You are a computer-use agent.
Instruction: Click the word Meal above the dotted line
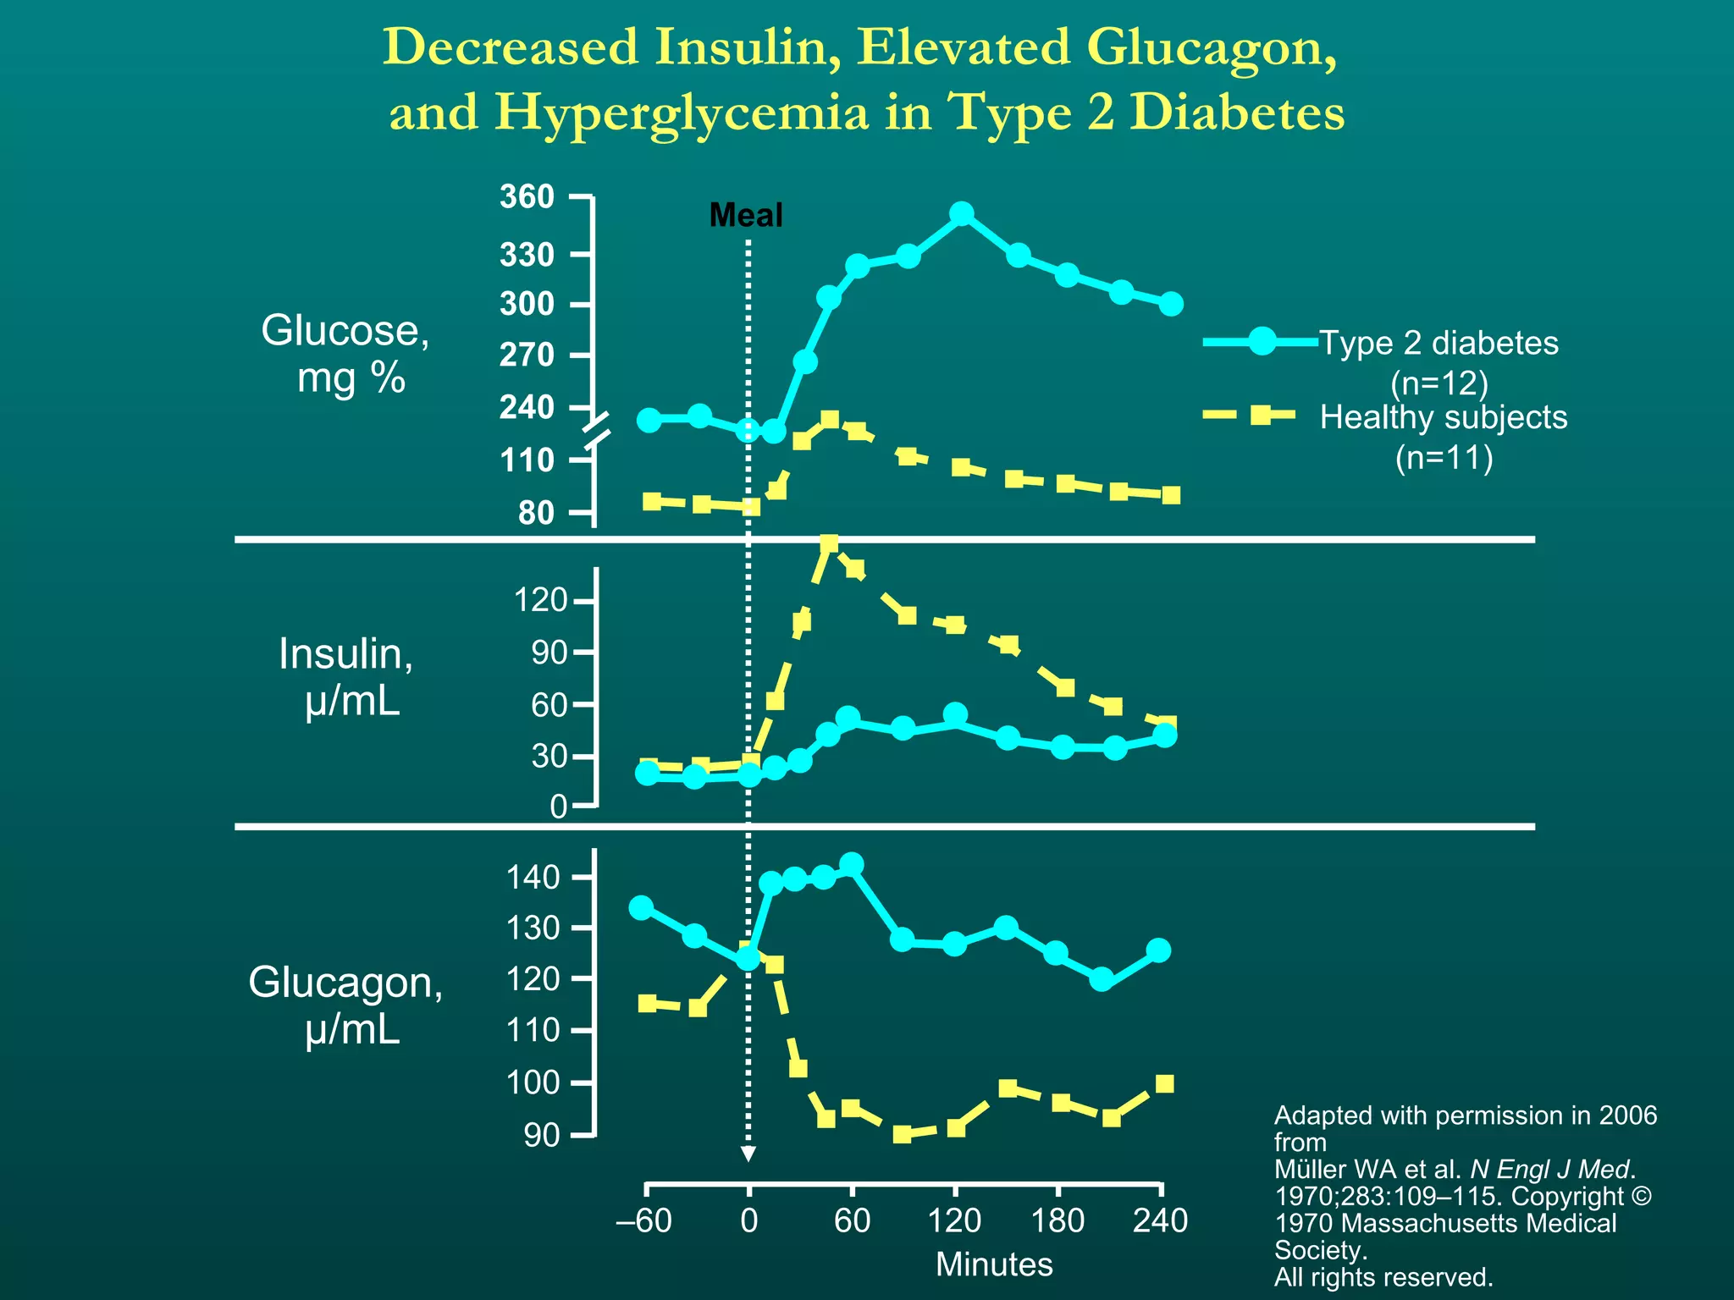point(745,215)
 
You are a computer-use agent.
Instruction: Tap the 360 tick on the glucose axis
point(527,197)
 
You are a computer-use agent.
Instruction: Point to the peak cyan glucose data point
point(961,213)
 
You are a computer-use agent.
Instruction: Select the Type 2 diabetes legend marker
point(1262,341)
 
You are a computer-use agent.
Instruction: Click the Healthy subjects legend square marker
point(1262,415)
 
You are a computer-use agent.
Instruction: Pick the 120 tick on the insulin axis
point(541,601)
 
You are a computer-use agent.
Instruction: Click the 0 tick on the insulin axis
point(559,807)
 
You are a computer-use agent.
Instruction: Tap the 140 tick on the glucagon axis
point(533,877)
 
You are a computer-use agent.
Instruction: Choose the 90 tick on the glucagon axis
point(542,1135)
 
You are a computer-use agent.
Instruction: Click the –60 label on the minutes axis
point(644,1220)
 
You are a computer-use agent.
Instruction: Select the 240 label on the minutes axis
point(1160,1220)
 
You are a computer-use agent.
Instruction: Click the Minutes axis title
point(994,1264)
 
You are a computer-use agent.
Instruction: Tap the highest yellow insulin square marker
point(829,543)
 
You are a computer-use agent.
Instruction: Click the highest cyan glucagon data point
point(851,864)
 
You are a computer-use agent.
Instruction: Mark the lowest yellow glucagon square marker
point(903,1134)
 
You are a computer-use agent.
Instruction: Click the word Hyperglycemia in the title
point(681,113)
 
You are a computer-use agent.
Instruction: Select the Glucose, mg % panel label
point(345,353)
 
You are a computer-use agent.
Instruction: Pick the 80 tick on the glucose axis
point(536,513)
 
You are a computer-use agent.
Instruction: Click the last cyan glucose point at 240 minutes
point(1171,304)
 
